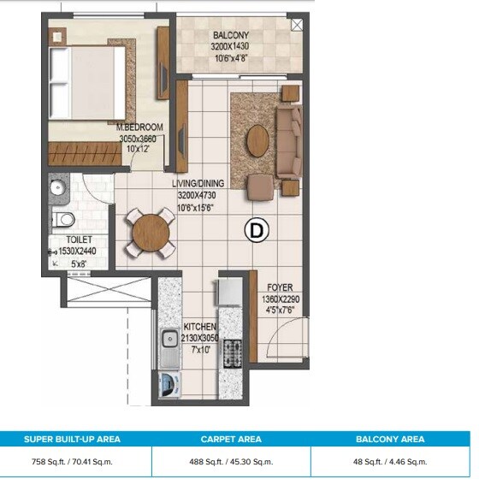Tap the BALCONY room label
click(x=230, y=35)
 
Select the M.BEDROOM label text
click(x=139, y=127)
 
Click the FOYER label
click(x=281, y=287)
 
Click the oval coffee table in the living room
click(x=257, y=141)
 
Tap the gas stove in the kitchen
click(x=232, y=352)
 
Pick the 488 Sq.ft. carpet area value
click(x=231, y=461)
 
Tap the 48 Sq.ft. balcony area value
click(x=390, y=461)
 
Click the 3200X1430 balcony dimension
click(x=230, y=47)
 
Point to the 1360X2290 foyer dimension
click(x=281, y=299)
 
